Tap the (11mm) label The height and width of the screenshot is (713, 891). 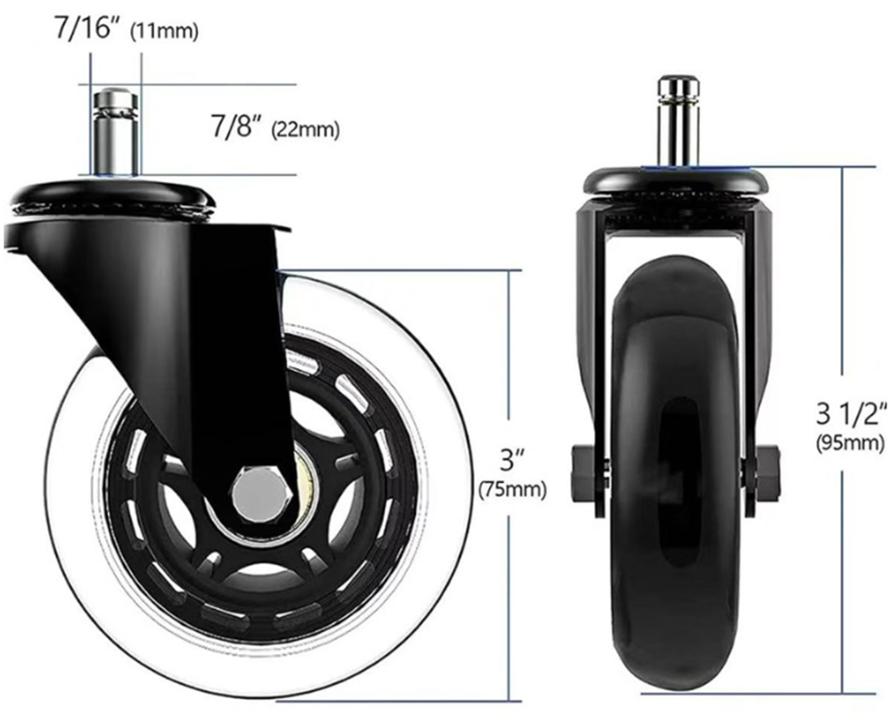coord(164,32)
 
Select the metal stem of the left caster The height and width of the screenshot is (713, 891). coord(116,134)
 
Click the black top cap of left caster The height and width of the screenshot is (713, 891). coord(111,189)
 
